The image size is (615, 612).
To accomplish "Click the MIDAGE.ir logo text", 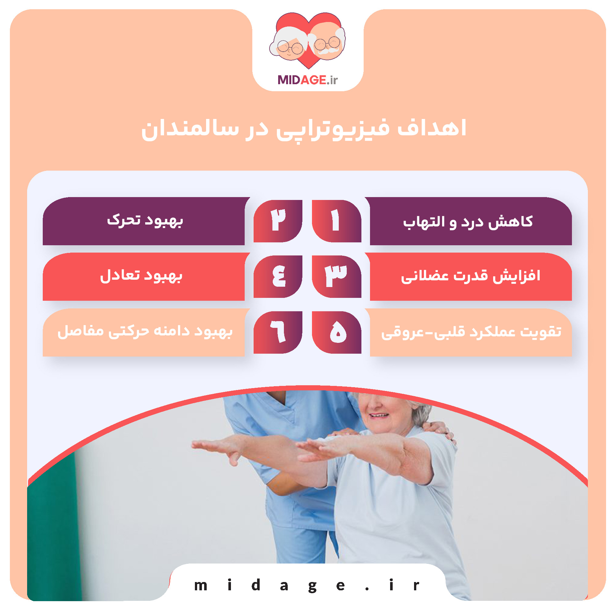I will (307, 80).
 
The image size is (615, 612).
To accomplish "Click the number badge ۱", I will (336, 221).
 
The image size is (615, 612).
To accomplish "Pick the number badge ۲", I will (278, 221).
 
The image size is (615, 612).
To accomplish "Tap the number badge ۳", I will (336, 276).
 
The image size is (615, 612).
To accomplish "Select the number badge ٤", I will (278, 276).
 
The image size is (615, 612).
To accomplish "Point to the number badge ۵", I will (336, 332).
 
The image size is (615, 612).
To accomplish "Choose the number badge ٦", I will (278, 332).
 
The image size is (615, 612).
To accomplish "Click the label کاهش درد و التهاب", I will (468, 222).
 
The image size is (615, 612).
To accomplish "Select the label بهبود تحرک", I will (145, 220).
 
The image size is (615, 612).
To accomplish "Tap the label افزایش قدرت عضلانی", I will (471, 276).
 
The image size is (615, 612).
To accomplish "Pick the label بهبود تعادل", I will (141, 276).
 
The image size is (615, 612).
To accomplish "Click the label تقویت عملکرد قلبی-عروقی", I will (471, 332).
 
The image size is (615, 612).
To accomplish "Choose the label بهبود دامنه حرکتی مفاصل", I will (145, 331).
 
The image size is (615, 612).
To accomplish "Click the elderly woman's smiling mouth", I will (379, 415).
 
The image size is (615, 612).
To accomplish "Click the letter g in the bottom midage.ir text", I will (312, 586).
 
